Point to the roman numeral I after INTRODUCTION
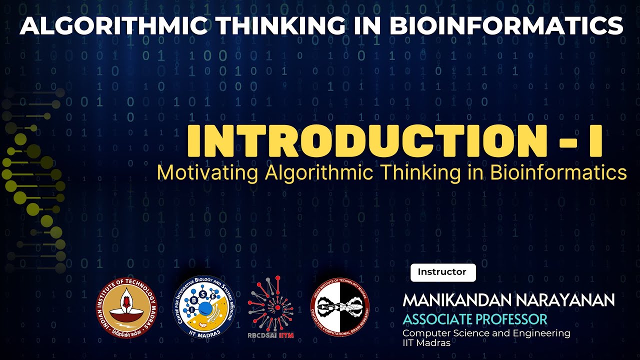click(594, 141)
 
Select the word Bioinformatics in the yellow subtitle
click(558, 172)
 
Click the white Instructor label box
click(442, 272)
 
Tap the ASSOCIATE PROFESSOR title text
click(475, 319)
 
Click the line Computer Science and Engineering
click(486, 333)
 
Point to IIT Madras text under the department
click(426, 343)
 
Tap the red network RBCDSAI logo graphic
click(270, 304)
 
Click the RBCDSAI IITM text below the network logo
click(270, 335)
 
